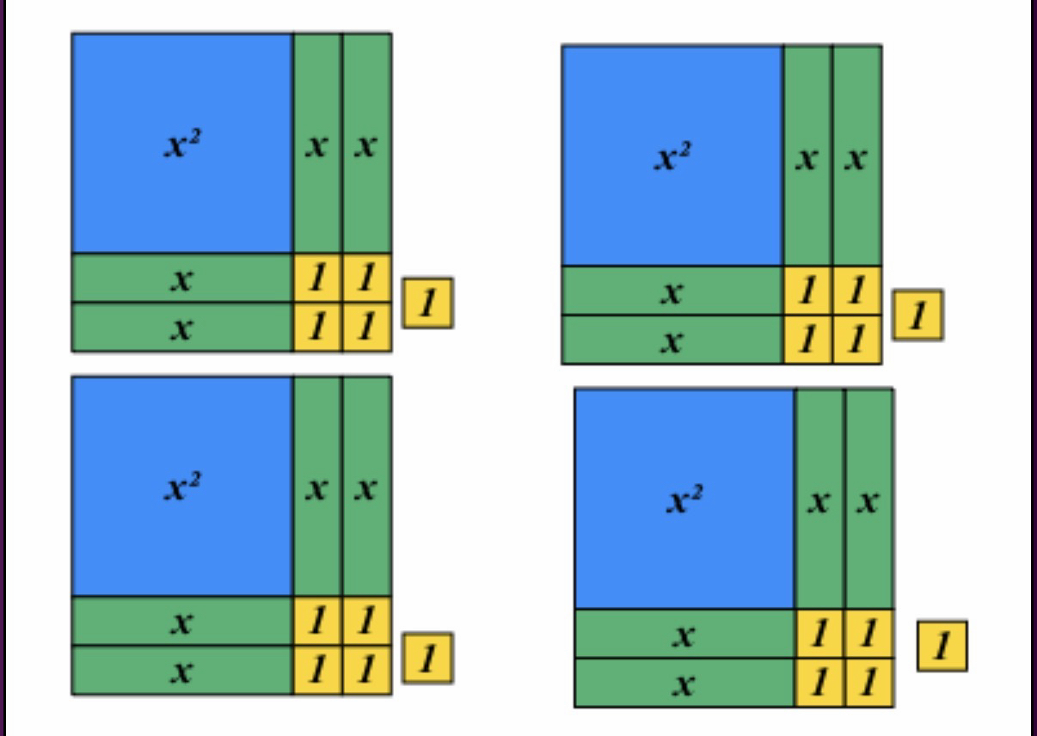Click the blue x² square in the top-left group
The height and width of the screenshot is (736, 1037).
[x=182, y=144]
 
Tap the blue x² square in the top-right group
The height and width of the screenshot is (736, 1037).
[x=672, y=156]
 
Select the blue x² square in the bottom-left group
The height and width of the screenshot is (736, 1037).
[x=182, y=486]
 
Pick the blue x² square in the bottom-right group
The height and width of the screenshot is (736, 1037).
[x=684, y=499]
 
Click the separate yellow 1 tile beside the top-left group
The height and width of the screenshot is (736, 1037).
[x=427, y=303]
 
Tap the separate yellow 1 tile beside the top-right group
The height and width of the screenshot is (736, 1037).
[x=917, y=315]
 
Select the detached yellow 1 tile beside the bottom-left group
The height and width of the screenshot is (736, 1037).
[x=427, y=659]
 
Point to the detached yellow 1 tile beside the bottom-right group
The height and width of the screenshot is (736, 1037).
[x=942, y=646]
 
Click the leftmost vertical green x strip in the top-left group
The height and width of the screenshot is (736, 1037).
[x=317, y=144]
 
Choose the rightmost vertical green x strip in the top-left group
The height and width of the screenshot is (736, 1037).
[x=367, y=144]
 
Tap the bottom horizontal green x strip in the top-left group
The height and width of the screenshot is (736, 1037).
[x=182, y=328]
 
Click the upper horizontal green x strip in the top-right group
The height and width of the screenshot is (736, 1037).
[x=672, y=291]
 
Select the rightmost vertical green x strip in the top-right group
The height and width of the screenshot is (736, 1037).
[x=856, y=156]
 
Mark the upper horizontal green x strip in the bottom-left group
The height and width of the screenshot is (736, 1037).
[x=182, y=621]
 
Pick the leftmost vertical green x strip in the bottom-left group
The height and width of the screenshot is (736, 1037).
[x=317, y=486]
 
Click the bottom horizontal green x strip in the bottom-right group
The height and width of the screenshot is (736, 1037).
[x=684, y=683]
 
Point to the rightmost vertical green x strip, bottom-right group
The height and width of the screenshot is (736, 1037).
[x=869, y=499]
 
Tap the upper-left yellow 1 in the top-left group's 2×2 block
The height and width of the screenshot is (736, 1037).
[x=317, y=278]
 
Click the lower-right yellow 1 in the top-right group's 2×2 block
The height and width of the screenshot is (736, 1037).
[x=856, y=340]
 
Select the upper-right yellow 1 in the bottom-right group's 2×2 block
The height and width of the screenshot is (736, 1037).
[x=869, y=634]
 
